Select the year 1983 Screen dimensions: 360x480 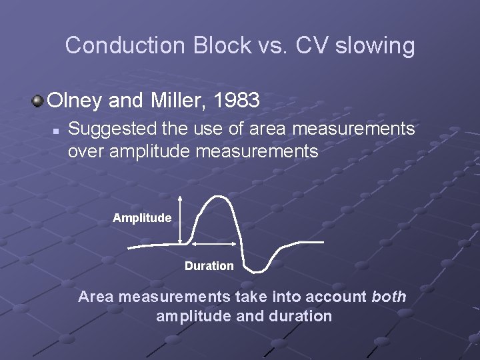pos(234,101)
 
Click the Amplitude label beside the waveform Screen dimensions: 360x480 pos(142,218)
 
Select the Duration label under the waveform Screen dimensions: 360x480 pos(209,266)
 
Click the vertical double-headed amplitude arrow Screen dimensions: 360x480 pos(181,221)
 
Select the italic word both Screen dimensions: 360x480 pos(389,297)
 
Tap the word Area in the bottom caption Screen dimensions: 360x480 pos(95,297)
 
